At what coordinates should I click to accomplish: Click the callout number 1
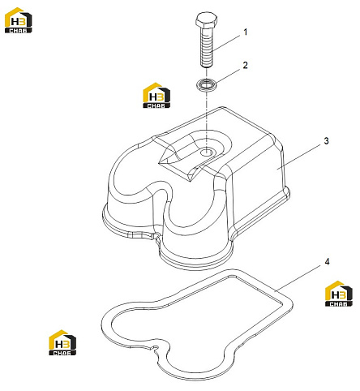246,32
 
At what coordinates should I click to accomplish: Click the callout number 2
245,65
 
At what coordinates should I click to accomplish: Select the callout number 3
326,141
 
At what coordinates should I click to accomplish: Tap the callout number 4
327,262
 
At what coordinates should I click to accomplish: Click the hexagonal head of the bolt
206,20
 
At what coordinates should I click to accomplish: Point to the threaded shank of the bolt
207,48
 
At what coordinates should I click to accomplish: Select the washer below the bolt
207,84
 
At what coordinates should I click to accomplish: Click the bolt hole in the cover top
207,153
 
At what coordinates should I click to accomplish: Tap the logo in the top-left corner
19,20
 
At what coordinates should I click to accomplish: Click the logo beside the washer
156,96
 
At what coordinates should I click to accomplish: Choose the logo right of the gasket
339,294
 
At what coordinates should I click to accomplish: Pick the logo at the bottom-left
62,342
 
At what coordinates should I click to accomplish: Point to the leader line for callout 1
226,42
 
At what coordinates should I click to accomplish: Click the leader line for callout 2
227,76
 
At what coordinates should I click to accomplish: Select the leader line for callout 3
299,157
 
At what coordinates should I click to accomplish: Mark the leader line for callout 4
298,278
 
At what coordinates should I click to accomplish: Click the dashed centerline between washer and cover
206,119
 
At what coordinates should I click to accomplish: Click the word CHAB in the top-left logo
19,31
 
